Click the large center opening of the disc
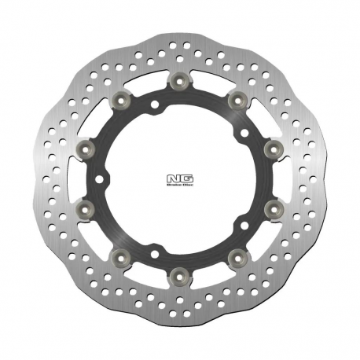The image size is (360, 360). (179, 179)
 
